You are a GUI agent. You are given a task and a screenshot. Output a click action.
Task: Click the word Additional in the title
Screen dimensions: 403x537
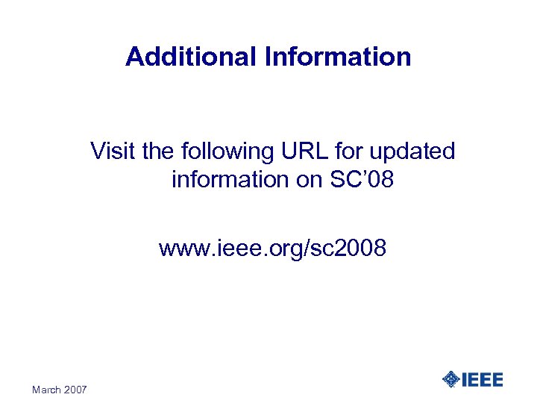coord(191,57)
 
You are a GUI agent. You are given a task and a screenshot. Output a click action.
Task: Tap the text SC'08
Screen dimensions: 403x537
coord(362,180)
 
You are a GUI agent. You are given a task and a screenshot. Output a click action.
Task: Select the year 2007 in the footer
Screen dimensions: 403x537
coord(76,390)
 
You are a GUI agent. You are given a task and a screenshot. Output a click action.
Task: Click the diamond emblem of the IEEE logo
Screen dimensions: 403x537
coord(451,380)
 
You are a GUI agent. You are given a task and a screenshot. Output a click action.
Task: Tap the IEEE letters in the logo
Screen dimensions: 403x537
coord(483,380)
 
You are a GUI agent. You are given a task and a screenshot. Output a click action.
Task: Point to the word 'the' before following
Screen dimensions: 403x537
coord(157,151)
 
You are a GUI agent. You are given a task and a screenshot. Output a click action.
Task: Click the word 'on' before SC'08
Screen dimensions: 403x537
coord(310,180)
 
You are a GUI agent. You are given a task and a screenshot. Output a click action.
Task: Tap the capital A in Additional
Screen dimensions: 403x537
coord(134,57)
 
